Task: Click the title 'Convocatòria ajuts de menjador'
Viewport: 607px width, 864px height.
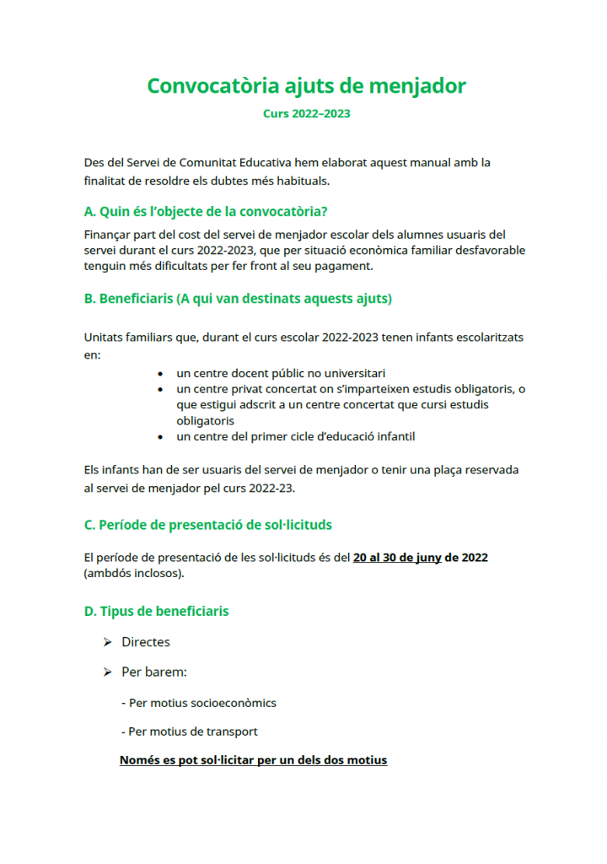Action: click(x=306, y=86)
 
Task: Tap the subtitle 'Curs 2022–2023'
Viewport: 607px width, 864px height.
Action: click(x=306, y=113)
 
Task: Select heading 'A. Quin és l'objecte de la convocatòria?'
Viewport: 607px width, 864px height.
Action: click(x=206, y=211)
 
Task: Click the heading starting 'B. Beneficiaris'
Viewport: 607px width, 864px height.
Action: click(x=238, y=299)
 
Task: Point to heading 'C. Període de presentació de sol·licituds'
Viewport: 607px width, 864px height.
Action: click(x=208, y=525)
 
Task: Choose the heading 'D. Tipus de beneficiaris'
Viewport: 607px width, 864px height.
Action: click(x=156, y=611)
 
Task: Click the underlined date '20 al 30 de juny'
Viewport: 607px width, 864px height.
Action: click(x=397, y=558)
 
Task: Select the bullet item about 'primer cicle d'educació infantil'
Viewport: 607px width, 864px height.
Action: click(x=295, y=436)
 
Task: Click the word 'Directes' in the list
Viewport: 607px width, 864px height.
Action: click(x=146, y=642)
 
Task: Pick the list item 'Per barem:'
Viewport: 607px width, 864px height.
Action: click(x=154, y=672)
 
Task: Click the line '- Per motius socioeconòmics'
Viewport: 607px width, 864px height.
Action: click(x=198, y=703)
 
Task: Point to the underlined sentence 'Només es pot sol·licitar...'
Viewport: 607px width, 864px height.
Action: click(x=253, y=760)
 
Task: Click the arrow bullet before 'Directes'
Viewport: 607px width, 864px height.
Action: click(x=107, y=642)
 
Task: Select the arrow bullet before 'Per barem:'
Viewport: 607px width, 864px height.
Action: click(x=107, y=672)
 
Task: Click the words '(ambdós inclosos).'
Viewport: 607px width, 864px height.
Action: click(x=134, y=574)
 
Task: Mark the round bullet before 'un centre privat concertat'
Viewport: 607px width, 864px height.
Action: click(x=161, y=389)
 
